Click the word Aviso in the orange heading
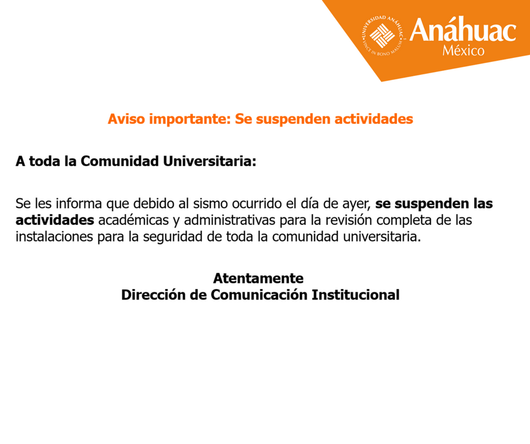click(126, 119)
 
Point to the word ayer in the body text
click(357, 203)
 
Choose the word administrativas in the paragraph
click(230, 220)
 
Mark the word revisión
click(329, 220)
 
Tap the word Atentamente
click(258, 278)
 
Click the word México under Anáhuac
click(463, 51)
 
